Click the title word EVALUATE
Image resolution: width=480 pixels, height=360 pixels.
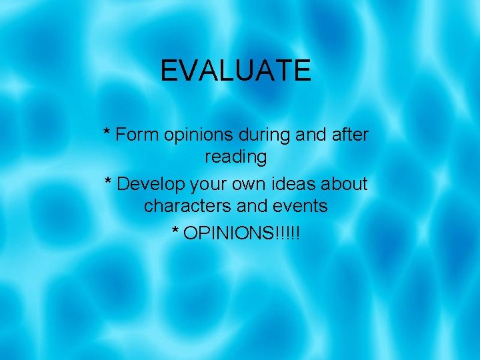tap(235, 71)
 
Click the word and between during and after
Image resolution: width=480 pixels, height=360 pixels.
tap(307, 135)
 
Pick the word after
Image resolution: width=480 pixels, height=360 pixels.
tap(349, 135)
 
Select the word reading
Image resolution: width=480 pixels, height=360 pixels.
tap(235, 158)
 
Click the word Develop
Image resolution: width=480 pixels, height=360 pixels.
tap(151, 183)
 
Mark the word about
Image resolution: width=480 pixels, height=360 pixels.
tap(344, 183)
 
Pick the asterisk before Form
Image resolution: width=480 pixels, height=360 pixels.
tap(107, 132)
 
